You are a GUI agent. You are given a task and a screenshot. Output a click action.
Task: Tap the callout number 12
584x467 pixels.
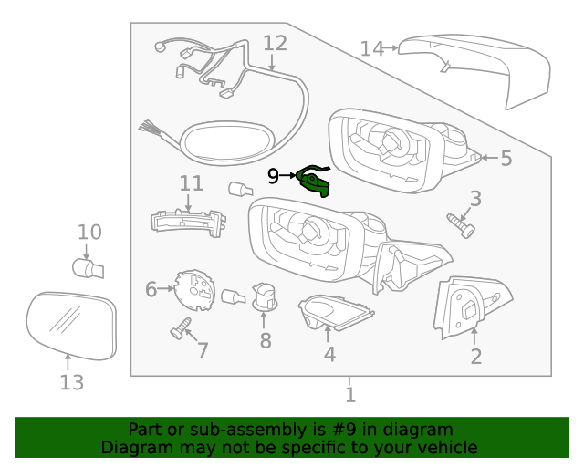pyautogui.click(x=275, y=43)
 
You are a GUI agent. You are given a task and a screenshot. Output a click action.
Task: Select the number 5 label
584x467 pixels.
pyautogui.click(x=506, y=159)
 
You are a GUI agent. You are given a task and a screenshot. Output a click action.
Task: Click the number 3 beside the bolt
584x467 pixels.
pyautogui.click(x=475, y=198)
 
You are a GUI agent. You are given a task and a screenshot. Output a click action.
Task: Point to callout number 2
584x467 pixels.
pyautogui.click(x=475, y=357)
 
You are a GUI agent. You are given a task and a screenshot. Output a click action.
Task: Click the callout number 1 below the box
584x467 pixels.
pyautogui.click(x=349, y=394)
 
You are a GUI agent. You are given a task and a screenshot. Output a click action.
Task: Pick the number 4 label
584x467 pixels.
pyautogui.click(x=329, y=354)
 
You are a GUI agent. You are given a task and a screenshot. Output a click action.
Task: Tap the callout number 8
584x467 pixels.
pyautogui.click(x=266, y=341)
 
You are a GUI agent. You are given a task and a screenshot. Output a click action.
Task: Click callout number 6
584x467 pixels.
pyautogui.click(x=151, y=290)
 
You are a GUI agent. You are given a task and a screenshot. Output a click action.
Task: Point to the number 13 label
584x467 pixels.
pyautogui.click(x=72, y=382)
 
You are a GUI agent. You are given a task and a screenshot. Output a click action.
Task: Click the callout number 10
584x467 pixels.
pyautogui.click(x=89, y=233)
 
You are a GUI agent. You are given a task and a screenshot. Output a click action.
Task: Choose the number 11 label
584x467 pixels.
pyautogui.click(x=191, y=183)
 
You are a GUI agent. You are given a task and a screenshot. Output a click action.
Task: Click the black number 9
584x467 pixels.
pyautogui.click(x=273, y=176)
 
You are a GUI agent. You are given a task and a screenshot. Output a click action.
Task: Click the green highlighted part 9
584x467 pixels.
pyautogui.click(x=316, y=182)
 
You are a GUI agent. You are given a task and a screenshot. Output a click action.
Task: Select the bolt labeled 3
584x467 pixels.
pyautogui.click(x=461, y=224)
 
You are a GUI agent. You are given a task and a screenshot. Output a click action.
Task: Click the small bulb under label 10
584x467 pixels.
pyautogui.click(x=88, y=268)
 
